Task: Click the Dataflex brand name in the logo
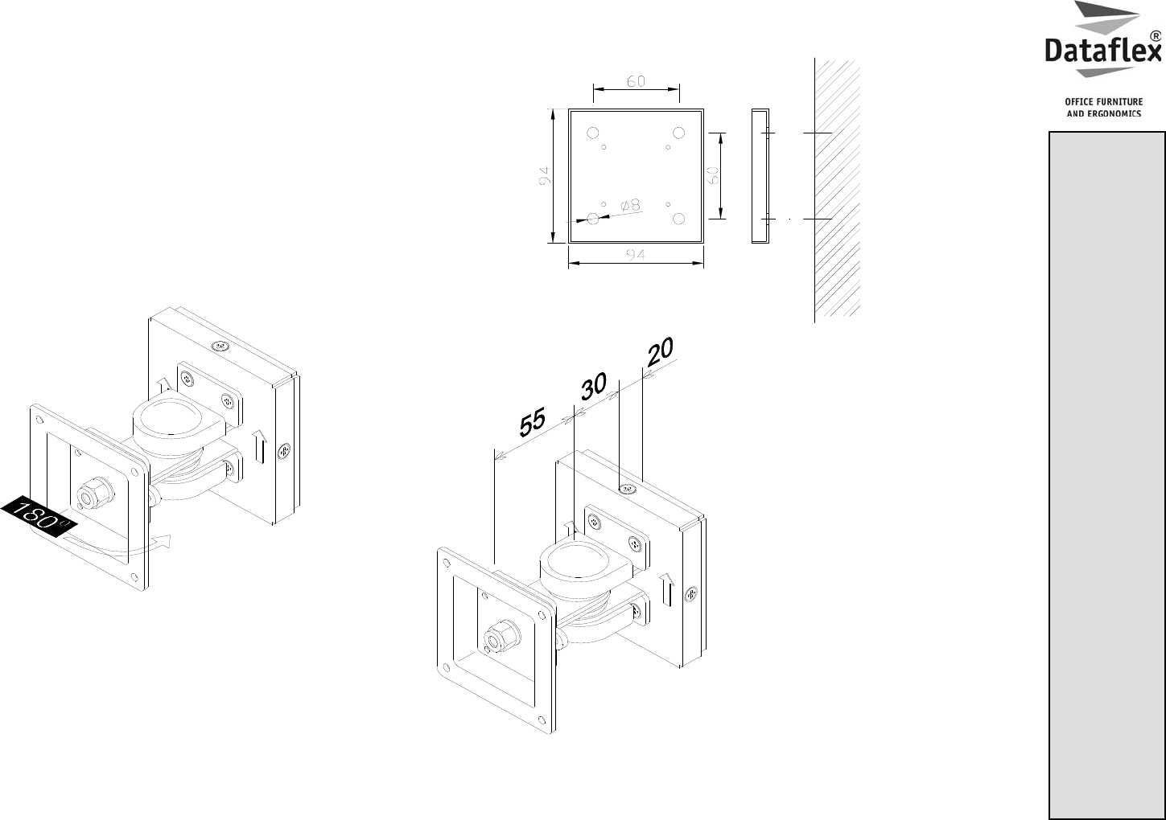click(x=1103, y=51)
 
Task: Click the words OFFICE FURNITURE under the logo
click(x=1103, y=102)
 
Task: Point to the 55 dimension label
click(x=532, y=422)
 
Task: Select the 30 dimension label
click(x=593, y=386)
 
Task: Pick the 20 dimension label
click(x=660, y=351)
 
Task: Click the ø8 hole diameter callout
click(x=630, y=205)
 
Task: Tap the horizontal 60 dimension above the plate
click(x=636, y=81)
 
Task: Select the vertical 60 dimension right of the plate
click(x=714, y=175)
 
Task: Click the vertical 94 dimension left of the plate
click(x=544, y=175)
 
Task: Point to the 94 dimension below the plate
click(x=635, y=255)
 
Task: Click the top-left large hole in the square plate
click(x=593, y=133)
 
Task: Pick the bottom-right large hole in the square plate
click(x=678, y=219)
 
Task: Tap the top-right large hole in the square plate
click(x=678, y=133)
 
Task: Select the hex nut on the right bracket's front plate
click(x=502, y=636)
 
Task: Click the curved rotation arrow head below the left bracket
click(x=164, y=541)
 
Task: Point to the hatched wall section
click(x=837, y=188)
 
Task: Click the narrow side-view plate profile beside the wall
click(x=760, y=176)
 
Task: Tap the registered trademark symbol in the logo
click(x=1156, y=36)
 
